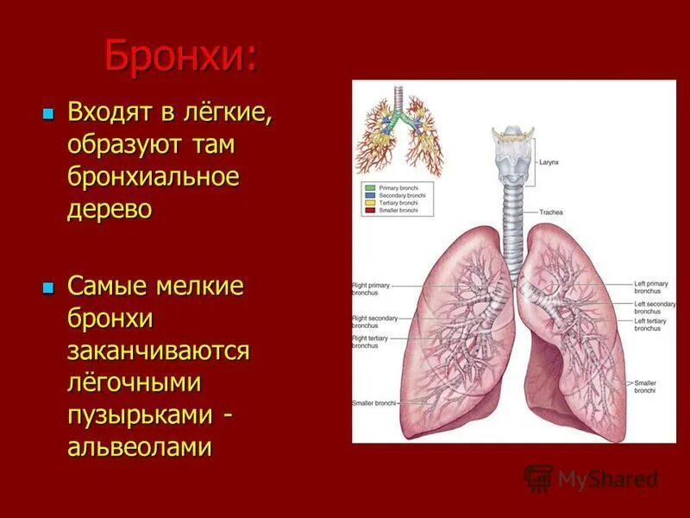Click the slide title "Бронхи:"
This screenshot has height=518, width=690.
click(179, 57)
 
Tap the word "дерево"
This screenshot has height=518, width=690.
click(110, 210)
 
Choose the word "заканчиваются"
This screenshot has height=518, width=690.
click(159, 351)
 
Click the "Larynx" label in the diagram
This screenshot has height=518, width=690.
click(549, 161)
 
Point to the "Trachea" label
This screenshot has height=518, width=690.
click(552, 212)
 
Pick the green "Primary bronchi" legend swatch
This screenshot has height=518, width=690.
click(369, 187)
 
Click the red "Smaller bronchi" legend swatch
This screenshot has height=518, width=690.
click(369, 211)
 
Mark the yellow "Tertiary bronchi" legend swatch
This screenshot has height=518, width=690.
click(369, 203)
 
